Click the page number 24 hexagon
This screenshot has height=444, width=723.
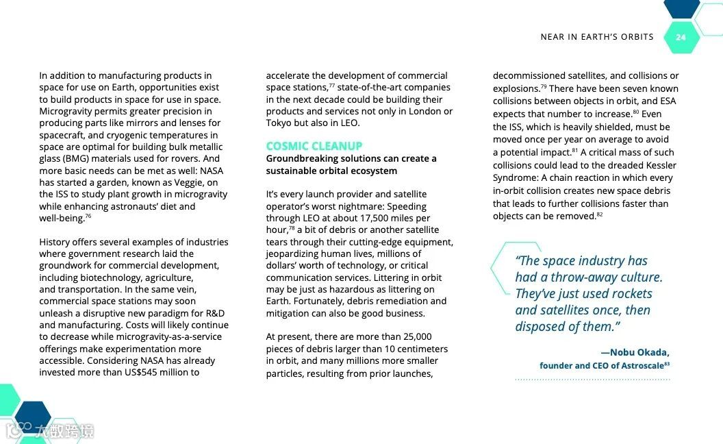pyautogui.click(x=681, y=38)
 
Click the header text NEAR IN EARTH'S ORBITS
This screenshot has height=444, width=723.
pyautogui.click(x=597, y=37)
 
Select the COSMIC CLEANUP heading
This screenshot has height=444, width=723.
pyautogui.click(x=314, y=146)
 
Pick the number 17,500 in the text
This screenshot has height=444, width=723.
pyautogui.click(x=370, y=219)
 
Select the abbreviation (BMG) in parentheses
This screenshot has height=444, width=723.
pyautogui.click(x=80, y=159)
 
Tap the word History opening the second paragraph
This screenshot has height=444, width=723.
pyautogui.click(x=55, y=242)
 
